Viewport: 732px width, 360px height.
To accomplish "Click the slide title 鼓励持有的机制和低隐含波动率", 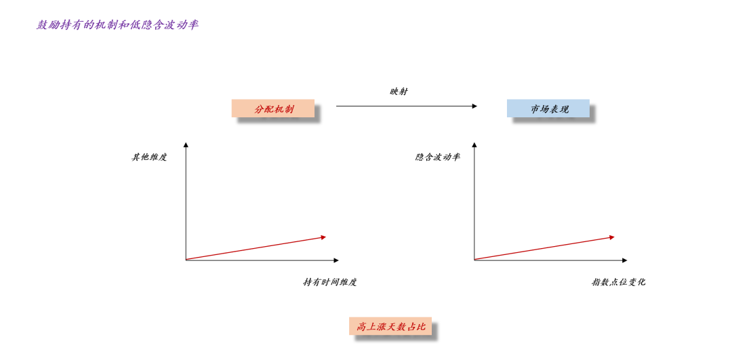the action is (x=117, y=25).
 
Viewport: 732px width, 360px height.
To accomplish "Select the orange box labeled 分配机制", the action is (x=273, y=108).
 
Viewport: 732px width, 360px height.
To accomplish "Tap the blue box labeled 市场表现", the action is (x=548, y=108).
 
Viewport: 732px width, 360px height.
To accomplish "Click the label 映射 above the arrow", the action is (x=399, y=92).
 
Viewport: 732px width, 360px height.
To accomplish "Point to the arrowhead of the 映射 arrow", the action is (x=474, y=106).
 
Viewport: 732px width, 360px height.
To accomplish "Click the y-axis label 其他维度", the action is (x=149, y=157).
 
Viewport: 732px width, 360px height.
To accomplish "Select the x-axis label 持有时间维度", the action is (x=329, y=282).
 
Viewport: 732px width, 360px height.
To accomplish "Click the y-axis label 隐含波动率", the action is (x=438, y=157).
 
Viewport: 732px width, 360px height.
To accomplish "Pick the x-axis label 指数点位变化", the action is (x=618, y=282).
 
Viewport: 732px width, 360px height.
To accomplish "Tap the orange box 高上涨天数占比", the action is (x=390, y=326).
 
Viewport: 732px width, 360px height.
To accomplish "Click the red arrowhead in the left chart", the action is (x=323, y=237).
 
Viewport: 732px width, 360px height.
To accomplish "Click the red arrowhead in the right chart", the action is (x=612, y=237).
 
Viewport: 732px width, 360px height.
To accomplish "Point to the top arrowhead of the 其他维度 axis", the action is (x=186, y=144).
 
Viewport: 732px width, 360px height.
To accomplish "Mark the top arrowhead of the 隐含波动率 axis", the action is (x=474, y=144).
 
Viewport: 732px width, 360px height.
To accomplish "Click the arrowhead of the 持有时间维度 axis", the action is (x=335, y=260).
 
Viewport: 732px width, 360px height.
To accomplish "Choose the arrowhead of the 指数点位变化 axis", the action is (x=624, y=260).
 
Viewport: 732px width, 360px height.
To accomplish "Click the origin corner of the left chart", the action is (x=186, y=260).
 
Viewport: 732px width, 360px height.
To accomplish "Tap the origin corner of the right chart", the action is (x=474, y=260).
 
